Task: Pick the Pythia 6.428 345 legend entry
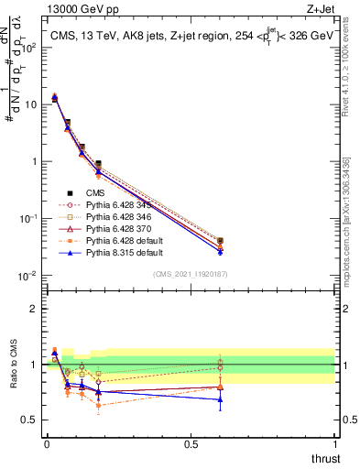point(115,205)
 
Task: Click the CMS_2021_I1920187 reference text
point(191,274)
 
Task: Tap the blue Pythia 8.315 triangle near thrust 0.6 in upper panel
point(220,251)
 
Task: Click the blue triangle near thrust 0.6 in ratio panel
point(220,399)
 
